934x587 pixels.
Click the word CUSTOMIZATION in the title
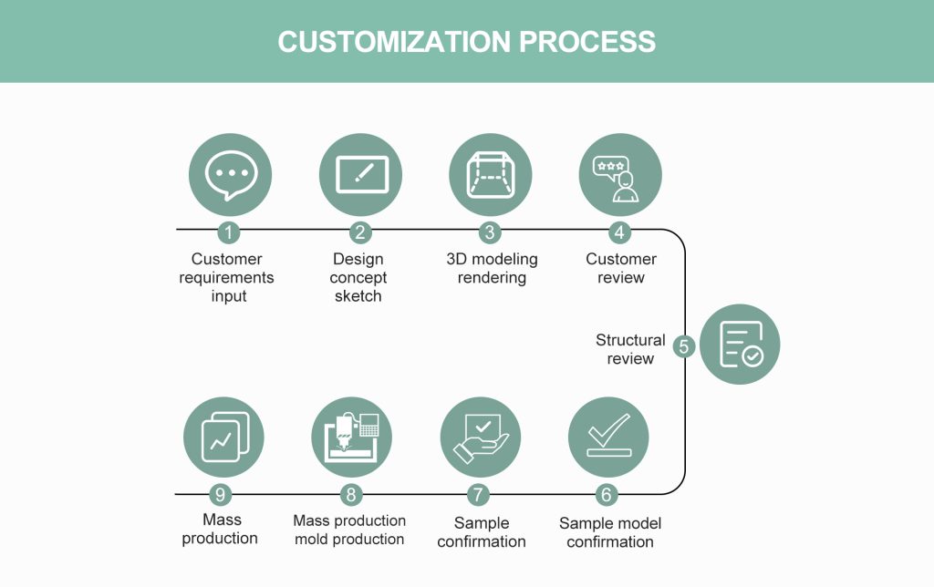point(395,42)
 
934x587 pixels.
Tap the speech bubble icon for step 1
point(228,173)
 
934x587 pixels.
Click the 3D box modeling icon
point(490,173)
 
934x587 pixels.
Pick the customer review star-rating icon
point(620,173)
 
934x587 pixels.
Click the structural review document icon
point(740,345)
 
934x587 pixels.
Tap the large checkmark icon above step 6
point(608,437)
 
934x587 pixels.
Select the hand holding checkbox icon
point(480,437)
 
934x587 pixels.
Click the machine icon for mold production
point(351,437)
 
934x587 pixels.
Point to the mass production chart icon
point(223,437)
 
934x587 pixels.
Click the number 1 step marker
point(228,232)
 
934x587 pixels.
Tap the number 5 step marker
point(684,346)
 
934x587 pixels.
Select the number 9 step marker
point(220,495)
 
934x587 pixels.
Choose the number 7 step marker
point(479,495)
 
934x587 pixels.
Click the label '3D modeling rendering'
point(492,269)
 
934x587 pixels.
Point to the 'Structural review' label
point(630,349)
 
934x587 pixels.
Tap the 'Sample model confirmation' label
point(610,532)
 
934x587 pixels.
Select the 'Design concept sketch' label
point(358,277)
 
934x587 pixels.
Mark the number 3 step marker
point(490,232)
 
